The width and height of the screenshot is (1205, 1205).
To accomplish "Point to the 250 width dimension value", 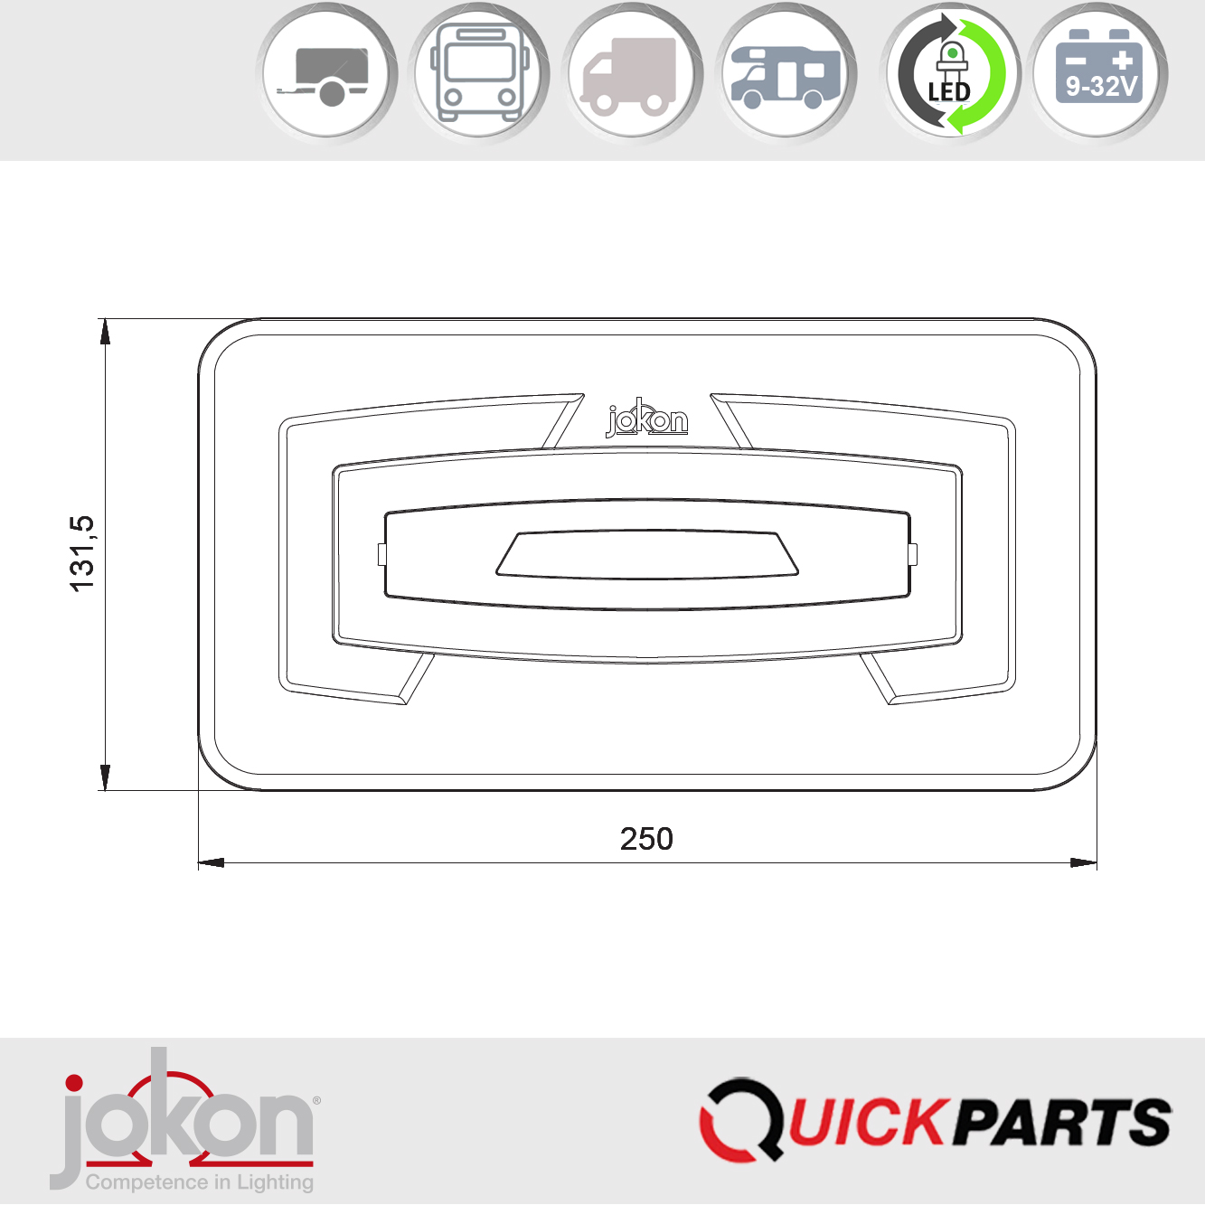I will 646,839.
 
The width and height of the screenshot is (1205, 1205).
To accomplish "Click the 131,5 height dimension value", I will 82,553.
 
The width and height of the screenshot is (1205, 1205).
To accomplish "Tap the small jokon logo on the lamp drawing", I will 646,419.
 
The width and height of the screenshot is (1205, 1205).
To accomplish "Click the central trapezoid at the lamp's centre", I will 646,554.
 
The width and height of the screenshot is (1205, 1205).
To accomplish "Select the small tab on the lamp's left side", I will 381,554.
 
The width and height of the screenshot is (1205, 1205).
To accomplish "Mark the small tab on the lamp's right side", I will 913,554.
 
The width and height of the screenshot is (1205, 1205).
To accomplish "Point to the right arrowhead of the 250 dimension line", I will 1084,862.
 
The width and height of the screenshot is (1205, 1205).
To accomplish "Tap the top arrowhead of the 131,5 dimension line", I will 105,332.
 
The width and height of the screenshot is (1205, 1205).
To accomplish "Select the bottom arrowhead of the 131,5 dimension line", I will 105,777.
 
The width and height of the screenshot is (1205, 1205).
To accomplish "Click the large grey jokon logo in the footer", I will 185,1116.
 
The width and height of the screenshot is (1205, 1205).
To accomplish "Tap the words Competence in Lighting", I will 200,1182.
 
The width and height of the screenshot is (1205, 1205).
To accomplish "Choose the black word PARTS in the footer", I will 1063,1123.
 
